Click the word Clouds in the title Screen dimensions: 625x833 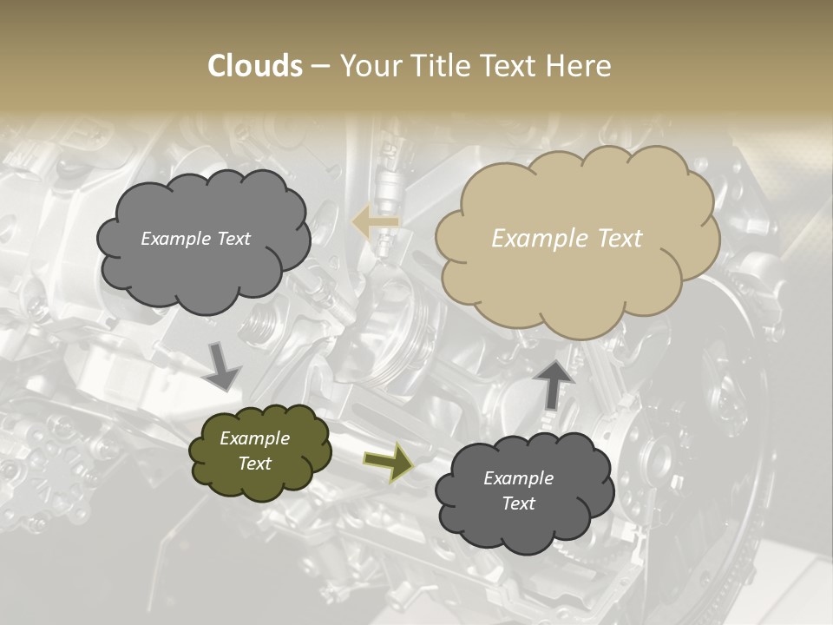click(255, 66)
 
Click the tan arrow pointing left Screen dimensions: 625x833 click(375, 222)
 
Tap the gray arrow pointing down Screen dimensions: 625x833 click(222, 365)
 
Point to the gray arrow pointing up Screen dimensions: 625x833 click(554, 383)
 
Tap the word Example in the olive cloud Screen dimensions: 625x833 click(255, 438)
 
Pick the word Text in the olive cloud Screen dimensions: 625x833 click(255, 464)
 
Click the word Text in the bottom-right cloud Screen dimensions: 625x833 click(519, 503)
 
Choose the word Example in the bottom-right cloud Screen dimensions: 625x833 click(519, 478)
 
